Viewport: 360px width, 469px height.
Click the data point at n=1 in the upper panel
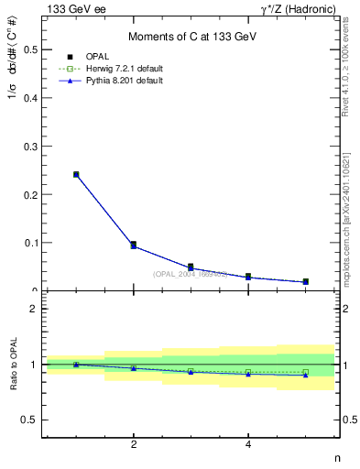pos(76,174)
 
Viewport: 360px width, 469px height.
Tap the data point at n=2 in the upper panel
pos(134,245)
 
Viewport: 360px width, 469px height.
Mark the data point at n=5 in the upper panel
pos(305,281)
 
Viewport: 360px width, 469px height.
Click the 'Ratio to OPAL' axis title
pos(14,365)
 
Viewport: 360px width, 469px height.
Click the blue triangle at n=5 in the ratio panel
pos(305,375)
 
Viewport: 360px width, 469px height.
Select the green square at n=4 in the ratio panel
pos(248,372)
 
